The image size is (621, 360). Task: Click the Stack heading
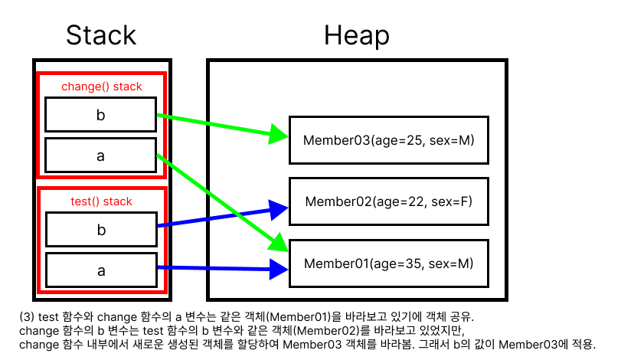(100, 35)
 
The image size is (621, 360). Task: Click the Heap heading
(356, 35)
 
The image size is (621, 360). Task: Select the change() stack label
(102, 87)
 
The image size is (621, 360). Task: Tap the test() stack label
(102, 201)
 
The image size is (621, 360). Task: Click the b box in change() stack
(100, 116)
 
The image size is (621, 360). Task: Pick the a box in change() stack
(100, 155)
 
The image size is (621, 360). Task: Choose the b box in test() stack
(100, 230)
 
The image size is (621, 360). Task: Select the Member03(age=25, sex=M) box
(388, 140)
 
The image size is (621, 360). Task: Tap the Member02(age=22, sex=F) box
(388, 201)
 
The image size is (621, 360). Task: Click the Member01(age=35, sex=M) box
(388, 263)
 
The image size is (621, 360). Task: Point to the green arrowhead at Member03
(280, 136)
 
